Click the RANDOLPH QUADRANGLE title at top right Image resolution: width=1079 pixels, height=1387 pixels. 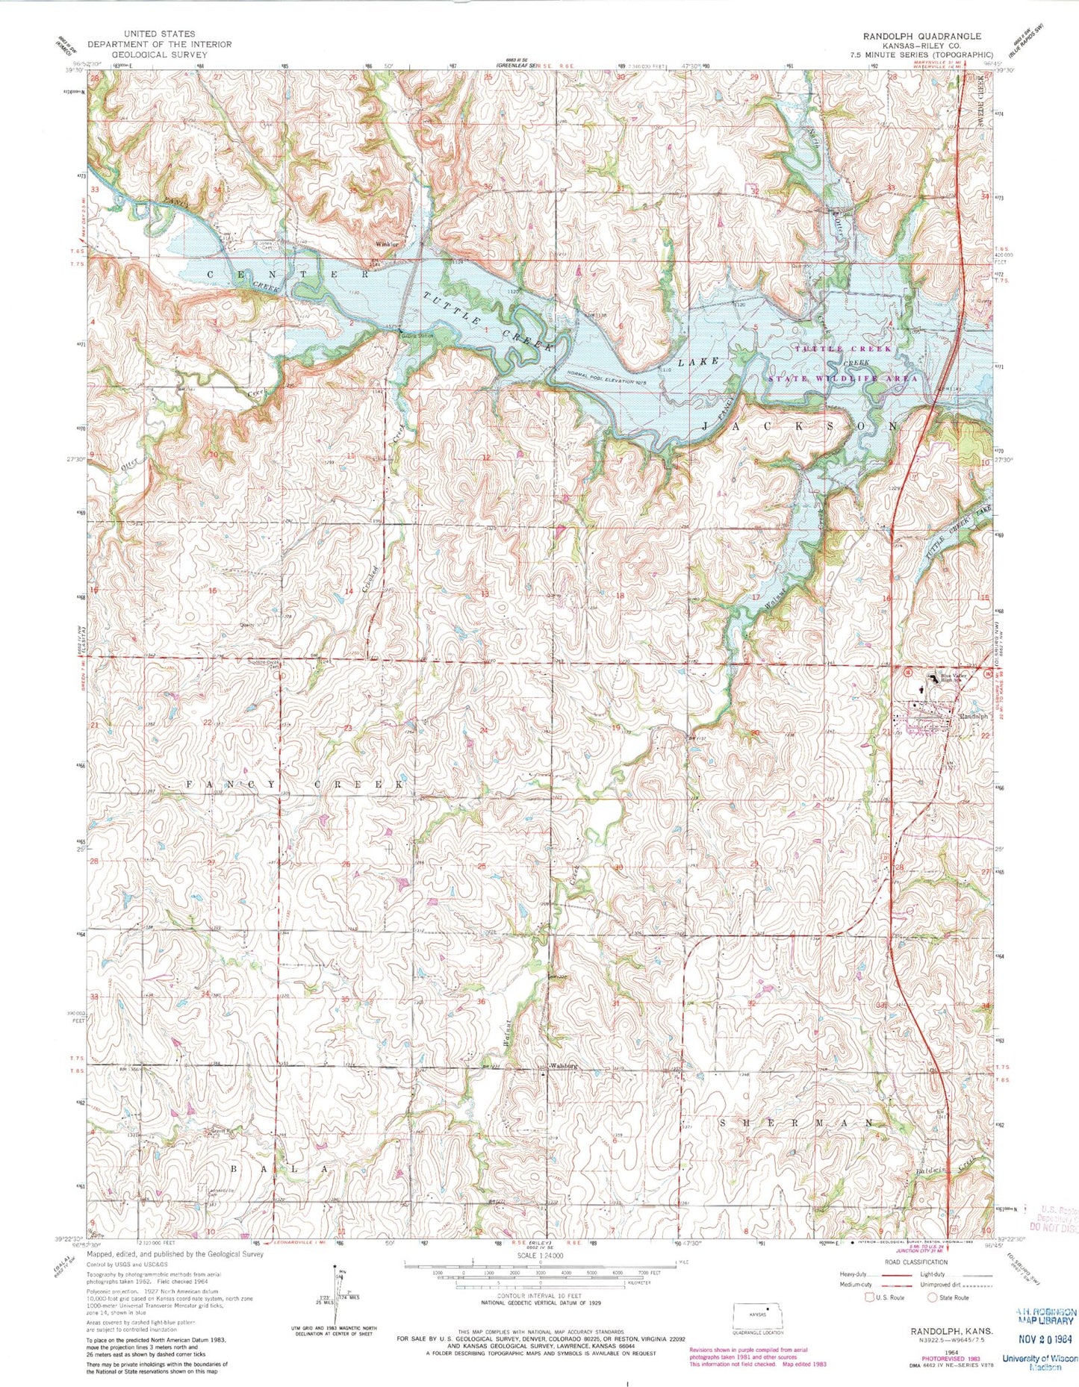coord(921,36)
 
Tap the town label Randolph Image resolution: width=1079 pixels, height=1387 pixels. coord(974,716)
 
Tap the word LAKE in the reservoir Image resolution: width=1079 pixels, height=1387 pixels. coord(699,361)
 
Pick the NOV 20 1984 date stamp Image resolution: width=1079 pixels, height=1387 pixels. coord(1045,1340)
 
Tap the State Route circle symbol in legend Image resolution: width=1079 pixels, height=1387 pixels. coord(933,1297)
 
